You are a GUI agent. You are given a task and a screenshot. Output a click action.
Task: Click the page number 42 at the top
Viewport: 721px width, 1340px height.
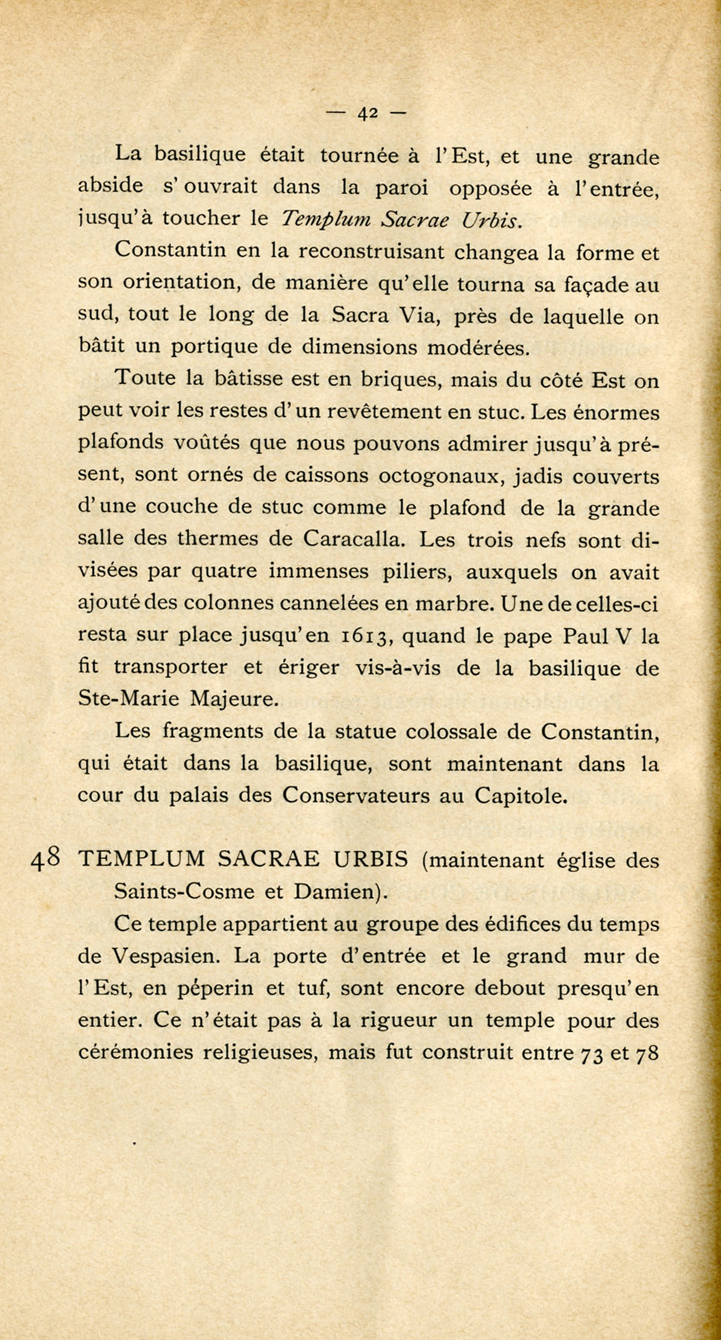click(367, 113)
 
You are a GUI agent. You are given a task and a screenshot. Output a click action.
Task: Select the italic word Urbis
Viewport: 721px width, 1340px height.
click(492, 219)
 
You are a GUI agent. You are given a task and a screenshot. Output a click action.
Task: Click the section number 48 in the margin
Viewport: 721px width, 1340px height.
click(47, 858)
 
